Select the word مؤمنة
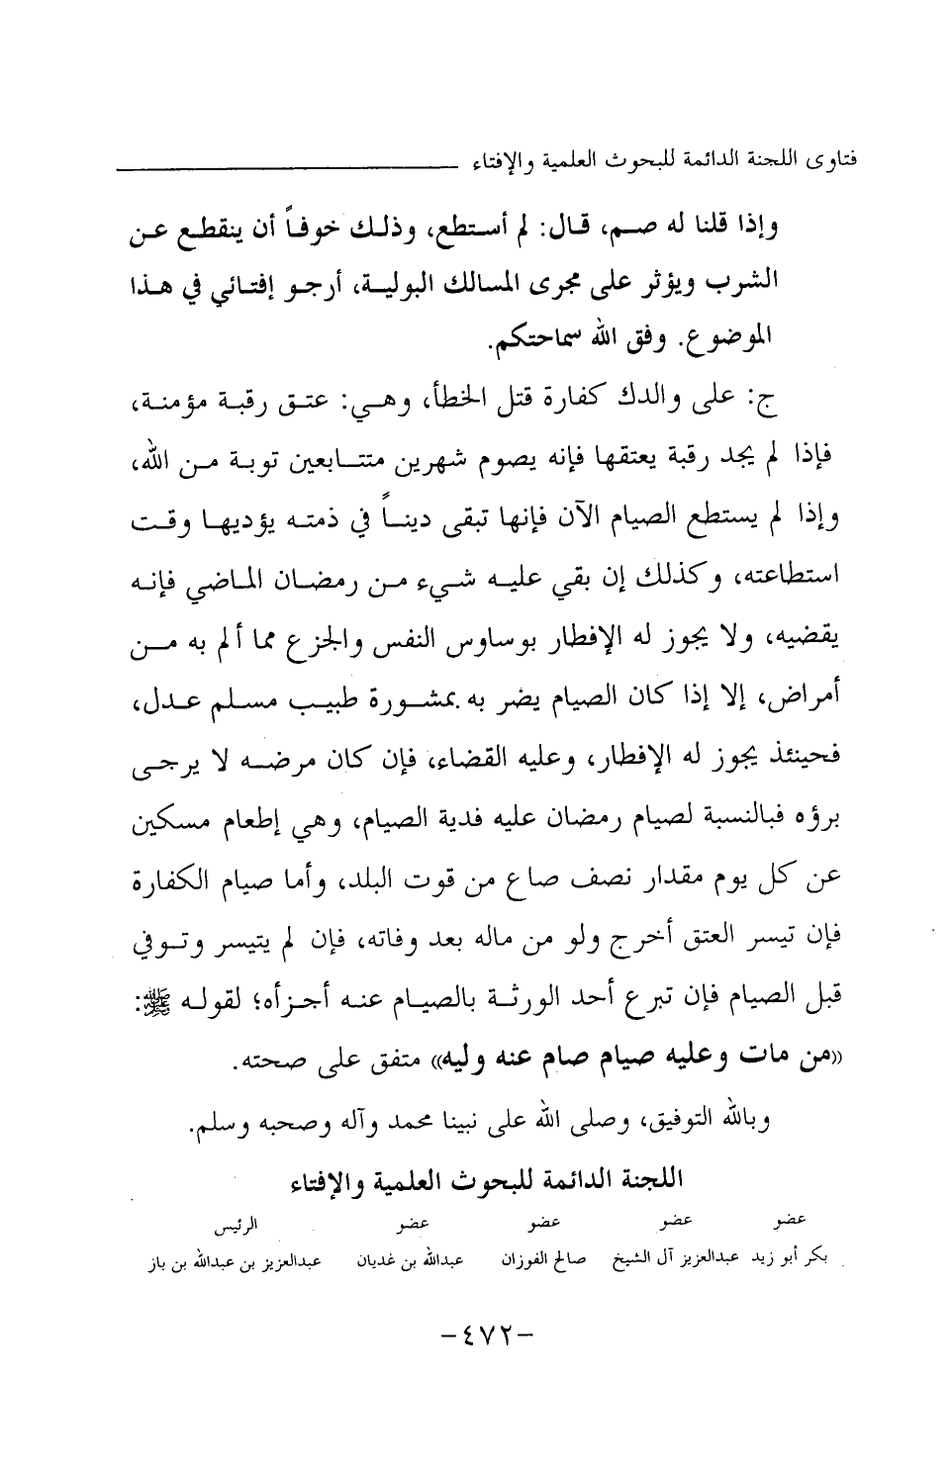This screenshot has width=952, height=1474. [164, 406]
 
